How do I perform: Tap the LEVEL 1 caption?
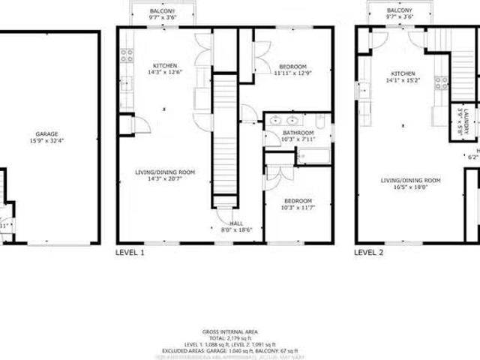tap(130, 253)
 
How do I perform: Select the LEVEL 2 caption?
tap(369, 253)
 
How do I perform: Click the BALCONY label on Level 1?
tap(163, 12)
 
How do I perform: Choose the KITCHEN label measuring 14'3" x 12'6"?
tap(165, 68)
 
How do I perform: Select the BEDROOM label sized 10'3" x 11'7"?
tap(297, 205)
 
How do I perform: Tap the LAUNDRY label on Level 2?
tap(465, 118)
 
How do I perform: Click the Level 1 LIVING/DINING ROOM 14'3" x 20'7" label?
tap(165, 175)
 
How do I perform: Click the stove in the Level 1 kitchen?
tap(126, 54)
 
